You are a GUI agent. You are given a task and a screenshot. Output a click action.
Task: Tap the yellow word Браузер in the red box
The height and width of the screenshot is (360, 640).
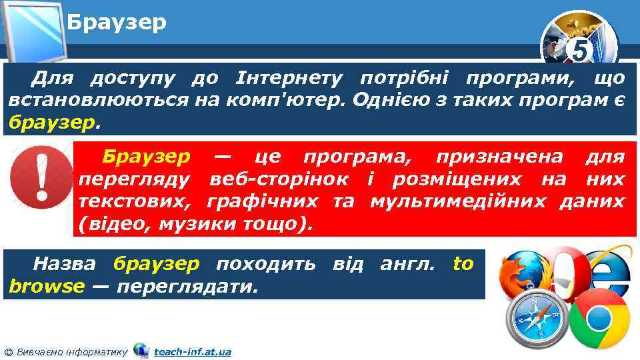coord(146,157)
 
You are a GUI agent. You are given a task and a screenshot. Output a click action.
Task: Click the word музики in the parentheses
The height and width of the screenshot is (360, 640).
coord(196,223)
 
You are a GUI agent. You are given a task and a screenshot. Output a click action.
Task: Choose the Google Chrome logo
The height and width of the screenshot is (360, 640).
coord(599,319)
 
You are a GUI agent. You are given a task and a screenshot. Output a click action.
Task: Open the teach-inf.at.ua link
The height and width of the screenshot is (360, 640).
coord(192,351)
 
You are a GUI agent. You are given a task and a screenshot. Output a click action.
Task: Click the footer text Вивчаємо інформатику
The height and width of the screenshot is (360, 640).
coord(70,351)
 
